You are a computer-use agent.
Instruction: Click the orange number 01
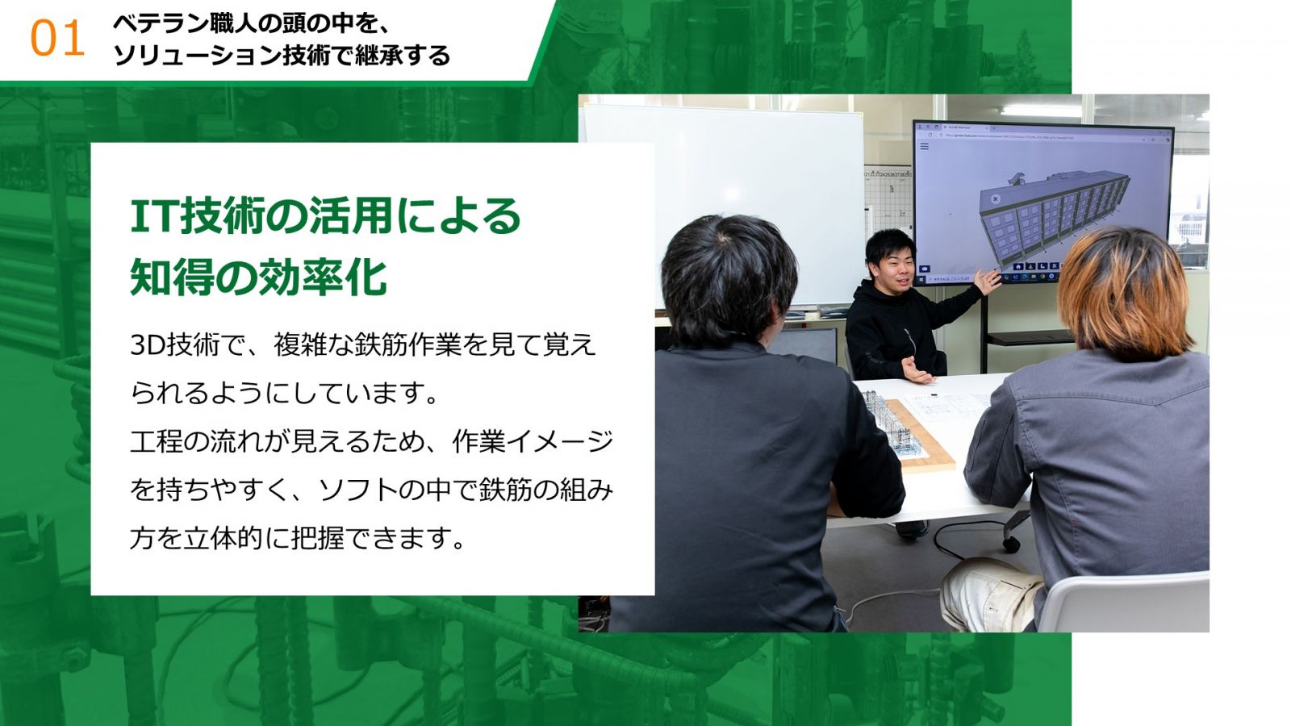tap(57, 39)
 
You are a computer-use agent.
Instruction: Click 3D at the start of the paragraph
tap(148, 345)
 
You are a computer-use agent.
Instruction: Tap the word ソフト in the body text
tap(357, 490)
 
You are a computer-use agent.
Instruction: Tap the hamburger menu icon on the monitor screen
tap(925, 146)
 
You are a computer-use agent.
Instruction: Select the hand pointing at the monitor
tap(988, 281)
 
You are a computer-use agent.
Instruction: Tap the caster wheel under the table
tap(1010, 544)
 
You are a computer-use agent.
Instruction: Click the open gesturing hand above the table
tap(917, 370)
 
